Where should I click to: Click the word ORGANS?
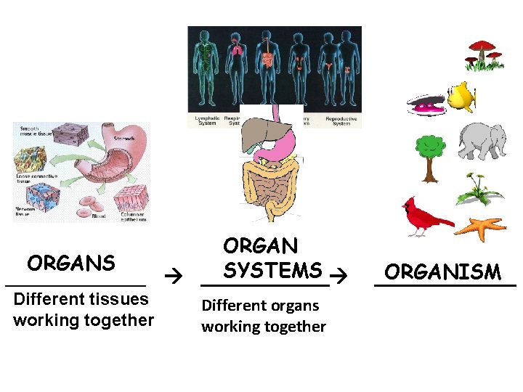point(71,262)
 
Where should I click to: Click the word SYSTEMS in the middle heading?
point(272,270)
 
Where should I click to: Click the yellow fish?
point(462,95)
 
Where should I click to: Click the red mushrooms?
point(483,52)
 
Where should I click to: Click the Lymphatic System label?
point(208,121)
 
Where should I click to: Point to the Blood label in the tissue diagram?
point(100,216)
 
